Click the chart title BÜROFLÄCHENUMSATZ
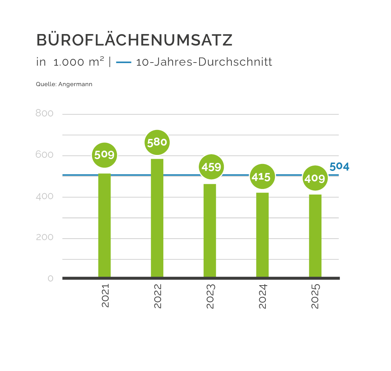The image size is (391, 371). [135, 40]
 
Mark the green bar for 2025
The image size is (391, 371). [315, 236]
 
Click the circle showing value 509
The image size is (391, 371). [104, 155]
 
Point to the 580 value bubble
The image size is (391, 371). [157, 142]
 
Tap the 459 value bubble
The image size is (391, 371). [211, 167]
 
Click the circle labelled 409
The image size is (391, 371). [315, 178]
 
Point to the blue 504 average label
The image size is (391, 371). [339, 167]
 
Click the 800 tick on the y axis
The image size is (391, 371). [44, 113]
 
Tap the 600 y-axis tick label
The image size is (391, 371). [44, 155]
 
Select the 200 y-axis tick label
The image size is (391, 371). [44, 237]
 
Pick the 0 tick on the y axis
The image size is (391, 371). [50, 279]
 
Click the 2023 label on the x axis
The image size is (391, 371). [211, 296]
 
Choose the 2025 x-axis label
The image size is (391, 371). [315, 296]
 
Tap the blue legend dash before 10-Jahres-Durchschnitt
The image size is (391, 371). [123, 63]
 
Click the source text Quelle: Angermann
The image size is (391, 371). [64, 84]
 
